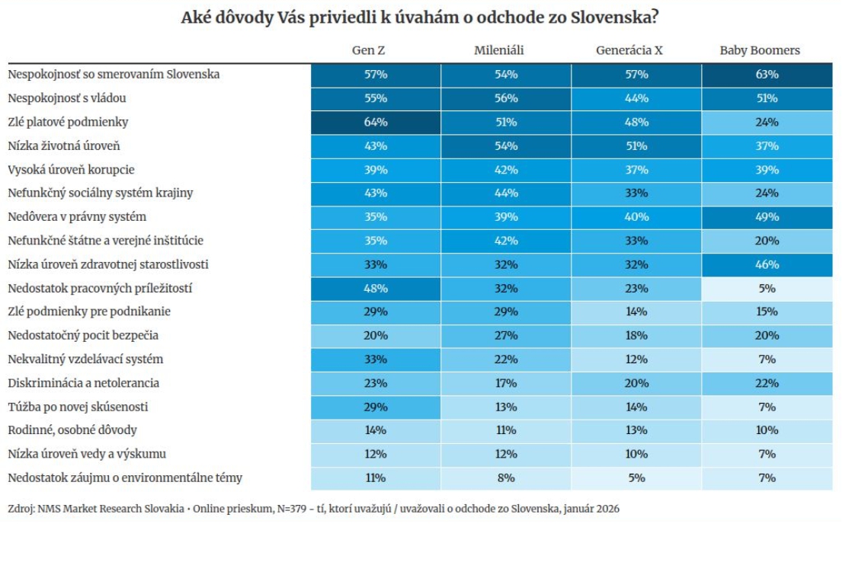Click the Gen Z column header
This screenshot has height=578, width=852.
pyautogui.click(x=368, y=50)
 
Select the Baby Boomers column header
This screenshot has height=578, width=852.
pyautogui.click(x=760, y=50)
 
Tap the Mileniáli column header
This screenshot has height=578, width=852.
pyautogui.click(x=499, y=50)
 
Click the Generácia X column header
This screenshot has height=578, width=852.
pyautogui.click(x=629, y=50)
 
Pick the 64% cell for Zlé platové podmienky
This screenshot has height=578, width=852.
pyautogui.click(x=375, y=122)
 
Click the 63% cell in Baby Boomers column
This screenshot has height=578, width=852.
pyautogui.click(x=767, y=75)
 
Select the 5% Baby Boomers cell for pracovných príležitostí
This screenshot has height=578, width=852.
pyautogui.click(x=767, y=289)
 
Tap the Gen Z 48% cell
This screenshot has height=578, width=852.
pyautogui.click(x=375, y=289)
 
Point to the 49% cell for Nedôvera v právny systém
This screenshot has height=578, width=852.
pyautogui.click(x=767, y=217)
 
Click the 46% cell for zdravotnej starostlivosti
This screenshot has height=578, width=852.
pyautogui.click(x=767, y=265)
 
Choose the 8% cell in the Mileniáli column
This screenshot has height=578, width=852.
pyautogui.click(x=506, y=478)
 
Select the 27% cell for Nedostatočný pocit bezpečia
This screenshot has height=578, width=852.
pyautogui.click(x=506, y=336)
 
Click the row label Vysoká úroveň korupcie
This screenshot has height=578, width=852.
pyautogui.click(x=71, y=170)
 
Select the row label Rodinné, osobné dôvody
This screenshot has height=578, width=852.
pyautogui.click(x=72, y=431)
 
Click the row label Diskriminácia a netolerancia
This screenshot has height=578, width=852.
pyautogui.click(x=83, y=383)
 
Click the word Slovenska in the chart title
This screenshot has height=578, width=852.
pyautogui.click(x=615, y=18)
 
